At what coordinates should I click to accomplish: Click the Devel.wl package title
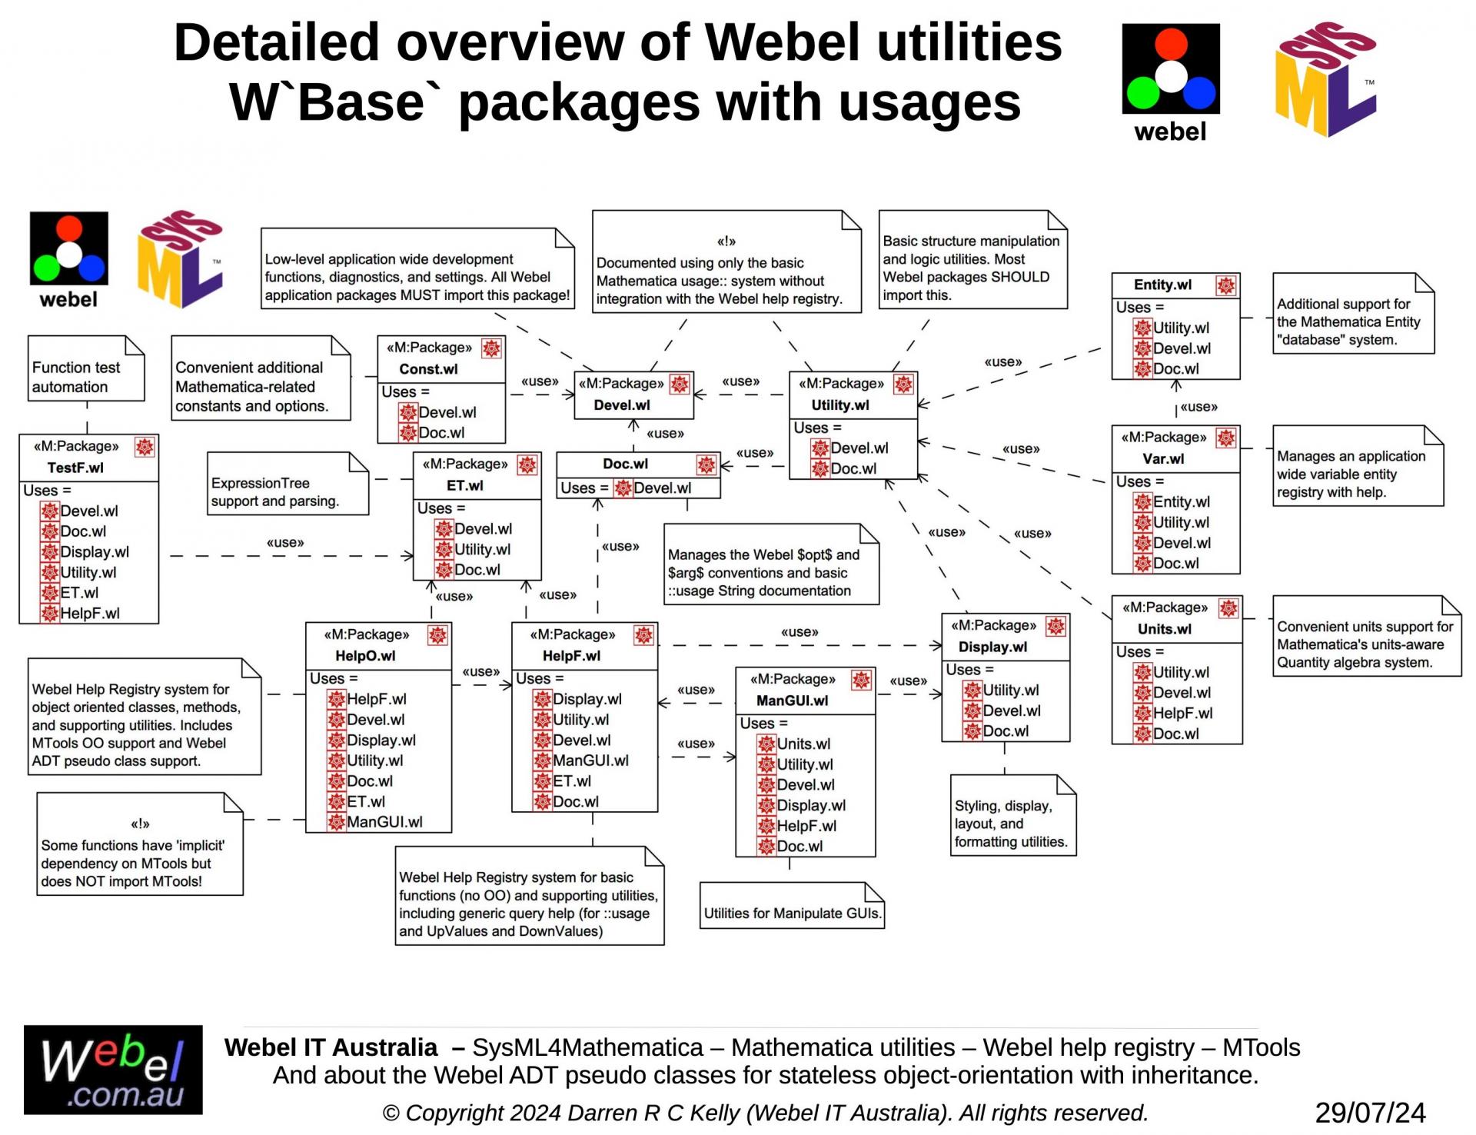tap(622, 405)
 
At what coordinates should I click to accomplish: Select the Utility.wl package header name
tap(840, 405)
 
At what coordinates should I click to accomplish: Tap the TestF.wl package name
tap(75, 468)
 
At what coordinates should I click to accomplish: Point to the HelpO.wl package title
tap(365, 656)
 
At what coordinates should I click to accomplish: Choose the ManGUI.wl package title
tap(793, 701)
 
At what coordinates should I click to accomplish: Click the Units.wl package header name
tap(1165, 629)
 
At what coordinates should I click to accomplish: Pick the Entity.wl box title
tap(1163, 285)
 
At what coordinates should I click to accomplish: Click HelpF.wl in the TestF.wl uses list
tap(90, 614)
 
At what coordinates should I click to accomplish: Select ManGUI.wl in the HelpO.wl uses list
tap(384, 822)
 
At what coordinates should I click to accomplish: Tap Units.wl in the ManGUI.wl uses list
tap(803, 744)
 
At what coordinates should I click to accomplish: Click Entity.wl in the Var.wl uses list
tap(1182, 502)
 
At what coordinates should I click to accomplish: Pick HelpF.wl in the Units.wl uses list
tap(1183, 714)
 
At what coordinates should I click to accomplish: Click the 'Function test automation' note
tap(86, 368)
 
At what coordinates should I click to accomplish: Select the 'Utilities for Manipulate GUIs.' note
tap(793, 906)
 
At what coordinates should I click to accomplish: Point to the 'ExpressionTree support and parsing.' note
tap(288, 484)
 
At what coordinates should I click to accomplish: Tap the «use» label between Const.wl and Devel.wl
tap(540, 381)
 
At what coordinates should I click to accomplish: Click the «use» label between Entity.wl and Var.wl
tap(1199, 407)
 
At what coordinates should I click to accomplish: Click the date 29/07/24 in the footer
tap(1370, 1113)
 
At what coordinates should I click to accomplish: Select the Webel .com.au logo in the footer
tap(113, 1070)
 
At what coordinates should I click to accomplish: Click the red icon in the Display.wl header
tap(1056, 627)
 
